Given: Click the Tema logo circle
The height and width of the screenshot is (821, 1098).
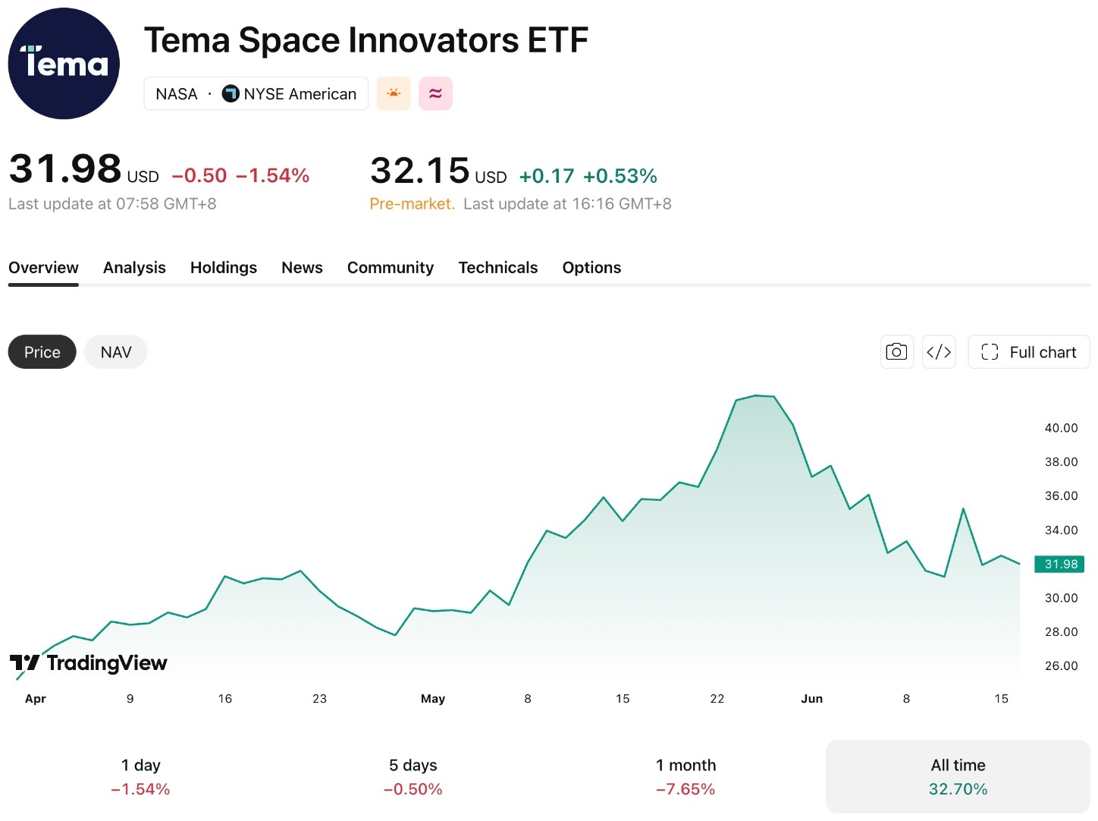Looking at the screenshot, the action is (x=64, y=64).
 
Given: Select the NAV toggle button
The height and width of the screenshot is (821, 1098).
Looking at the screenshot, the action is (x=115, y=352).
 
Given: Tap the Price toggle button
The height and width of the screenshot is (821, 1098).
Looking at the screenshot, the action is (x=42, y=352).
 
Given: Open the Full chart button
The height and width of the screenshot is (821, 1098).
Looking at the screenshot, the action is (x=1028, y=352).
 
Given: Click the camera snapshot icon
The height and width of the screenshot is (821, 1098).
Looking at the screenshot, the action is (x=896, y=352).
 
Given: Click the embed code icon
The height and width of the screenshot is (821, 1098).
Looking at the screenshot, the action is (x=939, y=352).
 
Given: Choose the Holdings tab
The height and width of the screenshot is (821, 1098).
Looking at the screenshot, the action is (x=223, y=268).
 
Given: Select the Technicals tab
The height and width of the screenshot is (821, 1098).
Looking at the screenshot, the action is (x=497, y=268).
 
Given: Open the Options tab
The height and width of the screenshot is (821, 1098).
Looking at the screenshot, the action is (x=591, y=268).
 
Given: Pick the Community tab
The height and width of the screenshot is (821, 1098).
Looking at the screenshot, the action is (x=391, y=268).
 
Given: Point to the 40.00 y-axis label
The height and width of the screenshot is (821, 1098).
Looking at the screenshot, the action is (x=1061, y=428).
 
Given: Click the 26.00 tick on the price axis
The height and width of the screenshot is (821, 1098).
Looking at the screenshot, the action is (x=1061, y=666).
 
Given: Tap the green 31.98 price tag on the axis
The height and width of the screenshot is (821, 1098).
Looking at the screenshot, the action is (x=1059, y=565).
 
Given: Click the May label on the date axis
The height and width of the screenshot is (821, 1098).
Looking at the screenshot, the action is (x=433, y=699).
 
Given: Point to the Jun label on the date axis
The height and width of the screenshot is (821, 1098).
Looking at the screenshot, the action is (x=811, y=699).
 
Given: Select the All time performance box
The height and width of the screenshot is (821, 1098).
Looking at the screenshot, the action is (x=958, y=776).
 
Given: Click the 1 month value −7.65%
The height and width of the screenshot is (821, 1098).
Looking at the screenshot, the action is (x=685, y=789).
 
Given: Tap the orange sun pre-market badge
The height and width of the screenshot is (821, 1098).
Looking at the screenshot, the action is (x=394, y=93).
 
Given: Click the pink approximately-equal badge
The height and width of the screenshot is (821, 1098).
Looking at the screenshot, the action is (x=435, y=93).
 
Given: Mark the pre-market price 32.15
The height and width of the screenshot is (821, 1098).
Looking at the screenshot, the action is (x=419, y=170).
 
